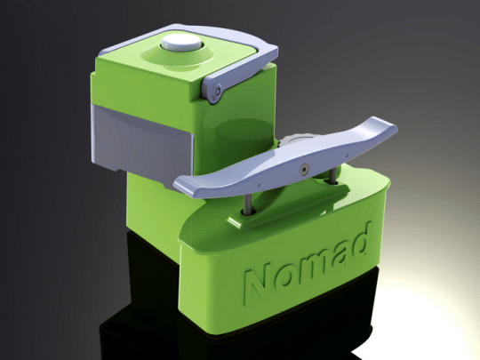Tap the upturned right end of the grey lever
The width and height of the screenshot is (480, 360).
(x=384, y=134)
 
